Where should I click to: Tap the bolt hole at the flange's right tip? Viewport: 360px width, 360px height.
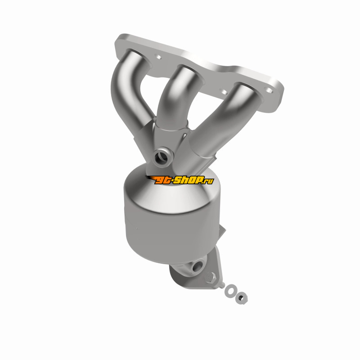[x=270, y=90]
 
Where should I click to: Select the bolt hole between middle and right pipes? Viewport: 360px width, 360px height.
[x=223, y=92]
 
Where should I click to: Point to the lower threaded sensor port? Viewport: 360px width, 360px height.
[x=198, y=265]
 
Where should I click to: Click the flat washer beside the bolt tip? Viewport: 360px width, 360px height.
[x=230, y=290]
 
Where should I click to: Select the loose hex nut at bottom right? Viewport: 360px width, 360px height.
[x=241, y=298]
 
